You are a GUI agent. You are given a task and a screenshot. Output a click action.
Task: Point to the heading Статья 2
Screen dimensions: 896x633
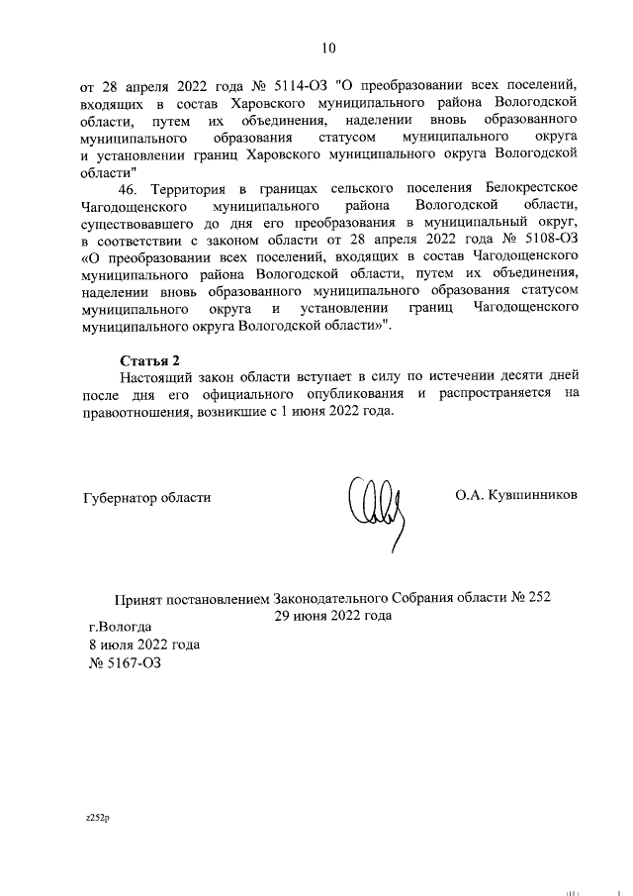149,358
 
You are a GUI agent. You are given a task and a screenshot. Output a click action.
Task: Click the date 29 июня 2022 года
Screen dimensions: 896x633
333,615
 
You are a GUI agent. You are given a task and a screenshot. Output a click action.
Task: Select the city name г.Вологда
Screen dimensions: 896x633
120,626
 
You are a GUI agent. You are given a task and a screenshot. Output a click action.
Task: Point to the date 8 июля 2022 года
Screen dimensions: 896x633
143,644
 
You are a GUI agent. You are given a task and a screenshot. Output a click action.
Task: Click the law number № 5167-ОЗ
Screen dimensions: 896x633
125,662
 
